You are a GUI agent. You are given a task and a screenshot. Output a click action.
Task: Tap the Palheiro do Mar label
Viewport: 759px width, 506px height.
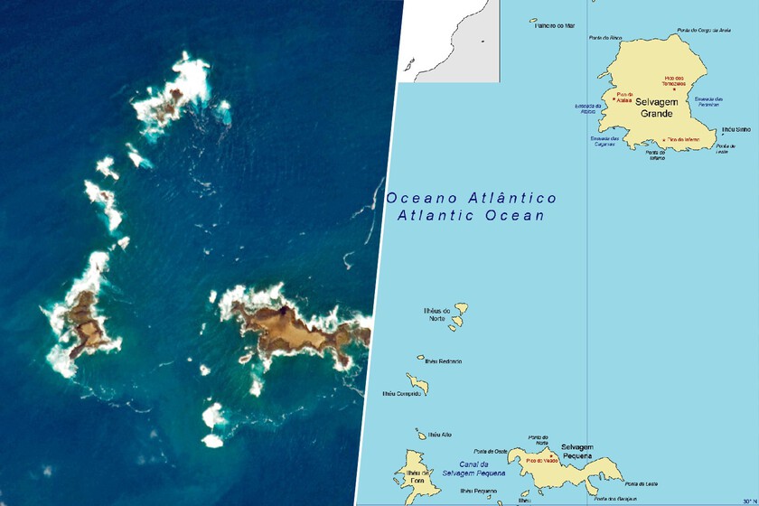click(x=556, y=26)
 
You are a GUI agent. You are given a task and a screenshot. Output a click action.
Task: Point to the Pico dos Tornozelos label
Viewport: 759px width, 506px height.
click(x=674, y=80)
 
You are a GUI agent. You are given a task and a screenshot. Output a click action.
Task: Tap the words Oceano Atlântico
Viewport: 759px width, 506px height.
click(x=471, y=198)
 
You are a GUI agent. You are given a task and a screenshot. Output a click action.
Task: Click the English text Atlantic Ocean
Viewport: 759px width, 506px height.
click(x=471, y=216)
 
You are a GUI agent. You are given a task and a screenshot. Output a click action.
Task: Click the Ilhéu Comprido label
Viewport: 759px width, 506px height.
click(x=402, y=393)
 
